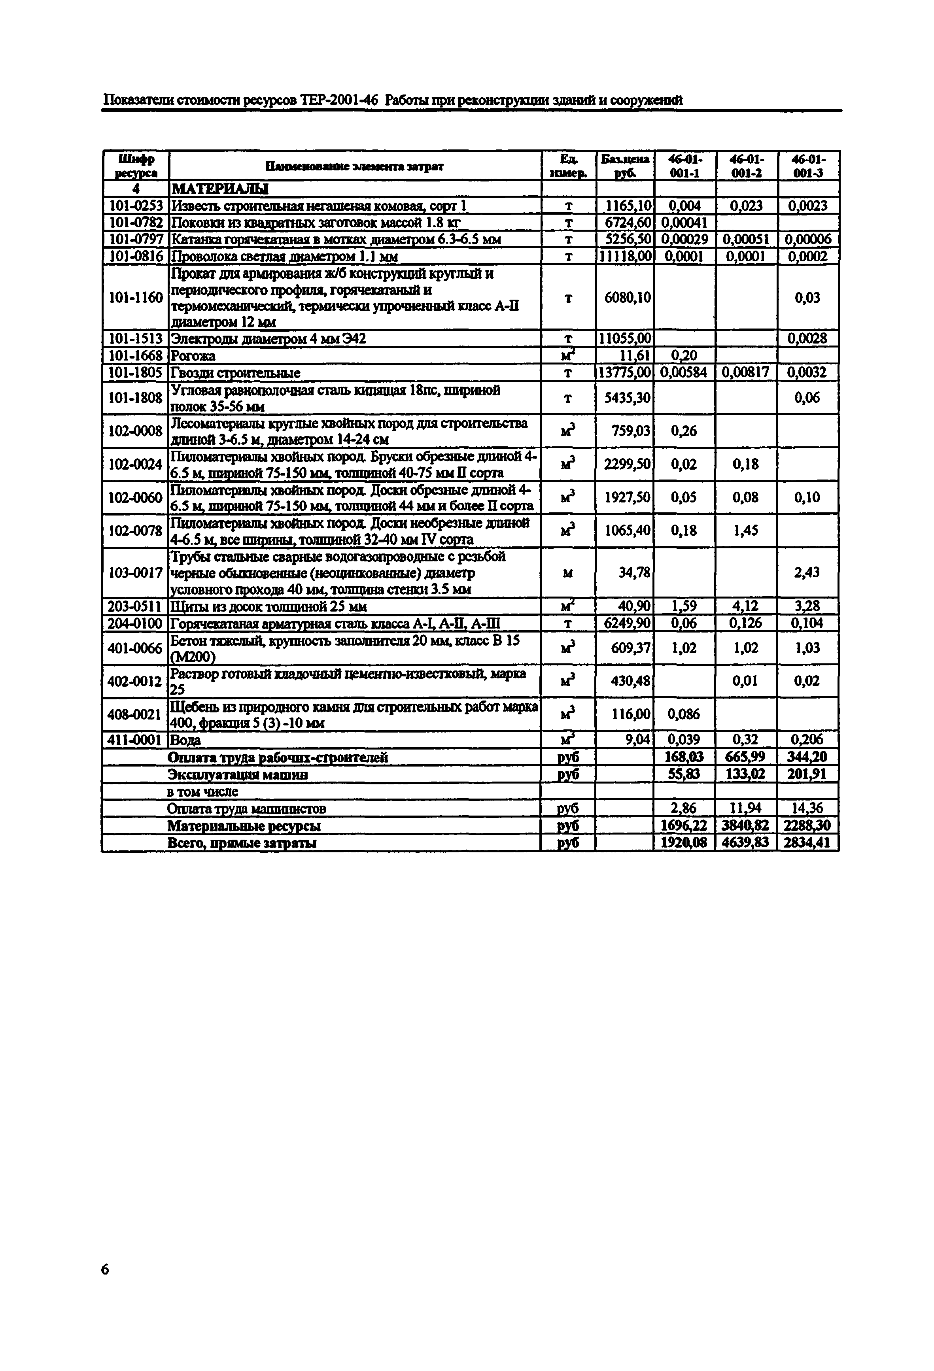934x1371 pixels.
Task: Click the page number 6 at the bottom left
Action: (105, 1269)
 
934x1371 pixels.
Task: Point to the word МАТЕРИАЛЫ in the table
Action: (219, 189)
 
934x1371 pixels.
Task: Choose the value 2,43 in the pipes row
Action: (807, 572)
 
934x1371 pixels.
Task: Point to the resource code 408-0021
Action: (135, 714)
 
